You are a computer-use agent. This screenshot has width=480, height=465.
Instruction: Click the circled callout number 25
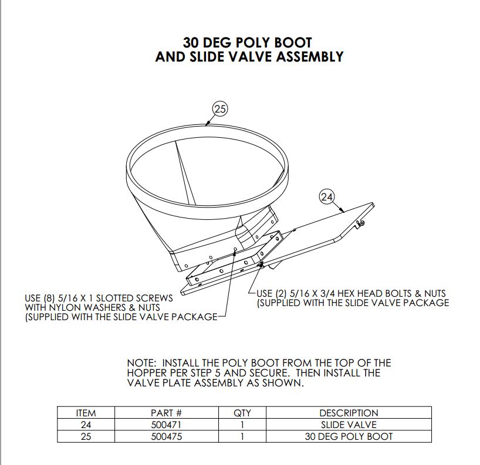(220, 108)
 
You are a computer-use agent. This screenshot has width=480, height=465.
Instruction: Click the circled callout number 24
(327, 196)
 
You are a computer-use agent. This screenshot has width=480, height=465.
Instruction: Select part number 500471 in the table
(166, 425)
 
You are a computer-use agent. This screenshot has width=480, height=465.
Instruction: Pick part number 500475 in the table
(166, 436)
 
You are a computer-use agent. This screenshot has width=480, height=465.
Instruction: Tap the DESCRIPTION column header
(349, 413)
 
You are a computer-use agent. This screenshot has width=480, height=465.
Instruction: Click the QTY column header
(242, 413)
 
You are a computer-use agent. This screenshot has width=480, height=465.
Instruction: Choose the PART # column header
(166, 413)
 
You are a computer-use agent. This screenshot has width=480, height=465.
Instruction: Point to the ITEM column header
(86, 413)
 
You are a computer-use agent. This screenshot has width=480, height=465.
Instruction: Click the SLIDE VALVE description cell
(349, 425)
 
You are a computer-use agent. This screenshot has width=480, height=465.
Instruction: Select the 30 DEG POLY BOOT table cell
(349, 436)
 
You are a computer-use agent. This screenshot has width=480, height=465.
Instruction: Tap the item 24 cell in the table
(86, 425)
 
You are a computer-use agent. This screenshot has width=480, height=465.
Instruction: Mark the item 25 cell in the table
(86, 436)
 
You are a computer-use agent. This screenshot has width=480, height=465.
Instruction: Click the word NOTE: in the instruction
(141, 363)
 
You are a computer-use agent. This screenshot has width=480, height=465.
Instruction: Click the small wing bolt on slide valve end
(361, 224)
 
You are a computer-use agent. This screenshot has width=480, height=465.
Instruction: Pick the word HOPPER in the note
(146, 373)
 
